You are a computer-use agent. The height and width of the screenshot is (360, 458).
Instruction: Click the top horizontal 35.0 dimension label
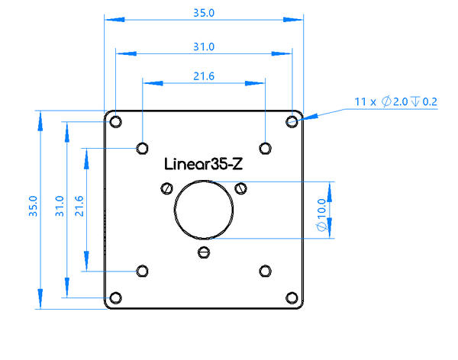tap(203, 13)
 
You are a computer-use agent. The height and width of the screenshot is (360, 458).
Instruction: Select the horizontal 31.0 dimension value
tap(203, 47)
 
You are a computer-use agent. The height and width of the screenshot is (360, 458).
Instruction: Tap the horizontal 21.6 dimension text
tap(203, 76)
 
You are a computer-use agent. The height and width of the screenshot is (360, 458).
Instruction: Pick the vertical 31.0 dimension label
tap(60, 207)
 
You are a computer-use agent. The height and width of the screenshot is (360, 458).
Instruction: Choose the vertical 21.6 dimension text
tap(79, 207)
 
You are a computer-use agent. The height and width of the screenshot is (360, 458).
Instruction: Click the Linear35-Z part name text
tap(204, 163)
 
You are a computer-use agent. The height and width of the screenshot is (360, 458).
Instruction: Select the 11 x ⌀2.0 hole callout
tap(395, 101)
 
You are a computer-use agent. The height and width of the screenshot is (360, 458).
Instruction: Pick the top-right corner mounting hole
tap(292, 121)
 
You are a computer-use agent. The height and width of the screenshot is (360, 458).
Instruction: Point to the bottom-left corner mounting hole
tap(115, 297)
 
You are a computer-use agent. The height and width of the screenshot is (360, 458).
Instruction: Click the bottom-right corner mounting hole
tap(292, 297)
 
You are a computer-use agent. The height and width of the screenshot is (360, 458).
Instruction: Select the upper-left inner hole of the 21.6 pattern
tap(142, 147)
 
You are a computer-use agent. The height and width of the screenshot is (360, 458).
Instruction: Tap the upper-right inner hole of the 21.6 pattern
tap(265, 147)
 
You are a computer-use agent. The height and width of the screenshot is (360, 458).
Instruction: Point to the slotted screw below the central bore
tap(203, 252)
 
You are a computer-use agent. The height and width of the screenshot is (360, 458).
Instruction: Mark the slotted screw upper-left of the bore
tap(166, 188)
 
